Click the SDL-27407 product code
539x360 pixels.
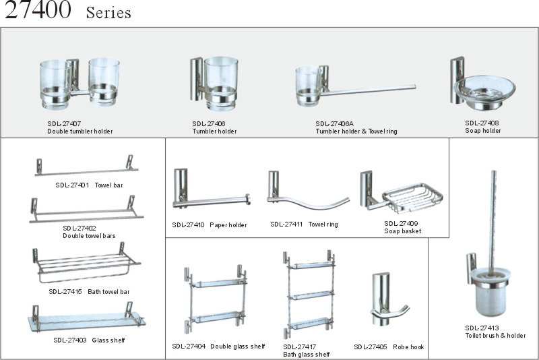tap(64, 123)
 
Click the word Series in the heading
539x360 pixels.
tap(108, 13)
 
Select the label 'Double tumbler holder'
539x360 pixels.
tap(80, 131)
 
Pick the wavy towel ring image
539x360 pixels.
tap(307, 196)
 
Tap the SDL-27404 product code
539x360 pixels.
tap(188, 347)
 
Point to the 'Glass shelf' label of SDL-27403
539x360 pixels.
tap(108, 340)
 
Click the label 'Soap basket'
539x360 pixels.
tap(403, 231)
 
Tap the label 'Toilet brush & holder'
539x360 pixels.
tap(495, 336)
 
